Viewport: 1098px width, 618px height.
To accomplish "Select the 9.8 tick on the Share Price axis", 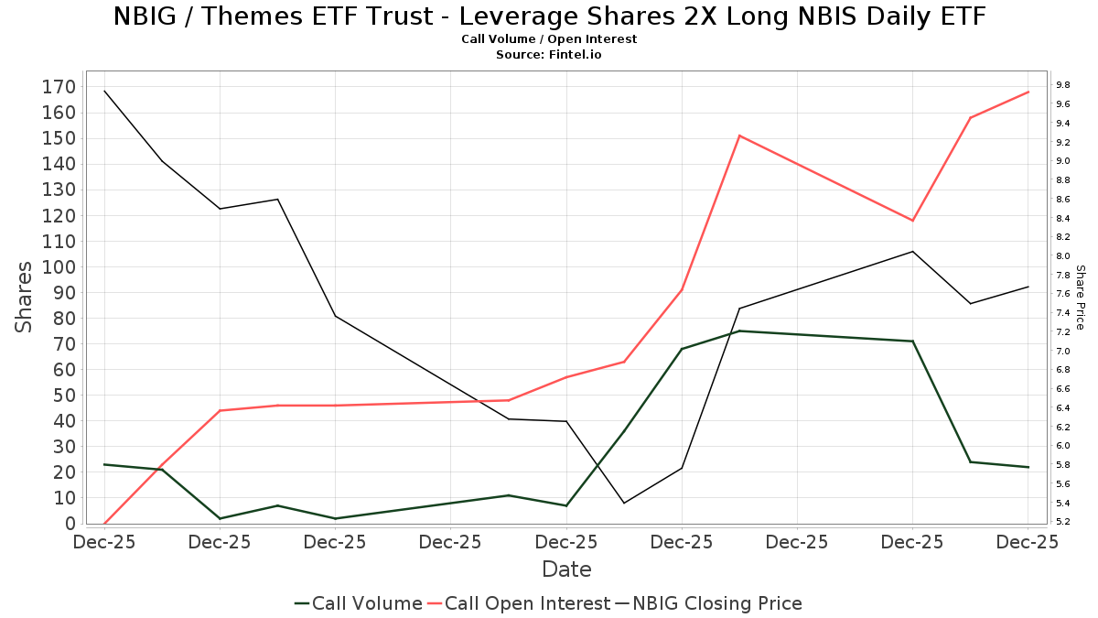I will coord(1063,85).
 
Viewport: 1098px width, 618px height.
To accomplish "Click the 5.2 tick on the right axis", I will coord(1063,522).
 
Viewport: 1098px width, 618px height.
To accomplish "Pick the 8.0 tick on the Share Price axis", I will coord(1063,256).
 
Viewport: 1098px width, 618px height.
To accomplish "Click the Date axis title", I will coord(566,569).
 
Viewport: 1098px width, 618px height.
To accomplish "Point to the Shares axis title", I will coord(25,297).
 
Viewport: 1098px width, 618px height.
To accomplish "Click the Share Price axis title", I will coord(1080,297).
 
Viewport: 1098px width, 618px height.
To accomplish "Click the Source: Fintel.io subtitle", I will coord(549,54).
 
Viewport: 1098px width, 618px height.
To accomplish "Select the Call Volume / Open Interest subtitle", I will coord(549,39).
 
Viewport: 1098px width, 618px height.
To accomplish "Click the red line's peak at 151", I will coord(739,136).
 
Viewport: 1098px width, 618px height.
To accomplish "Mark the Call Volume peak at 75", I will coord(739,331).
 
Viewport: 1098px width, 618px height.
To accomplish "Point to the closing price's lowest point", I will coord(624,503).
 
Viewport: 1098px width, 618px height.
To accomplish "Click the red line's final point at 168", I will coord(1028,92).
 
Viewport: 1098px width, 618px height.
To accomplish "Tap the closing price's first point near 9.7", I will coord(104,91).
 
